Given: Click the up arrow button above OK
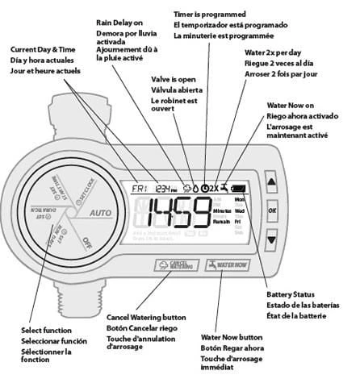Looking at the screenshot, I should point(272,184).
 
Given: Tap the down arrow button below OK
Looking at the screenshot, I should point(272,239).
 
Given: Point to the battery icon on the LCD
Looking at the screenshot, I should point(240,188).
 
